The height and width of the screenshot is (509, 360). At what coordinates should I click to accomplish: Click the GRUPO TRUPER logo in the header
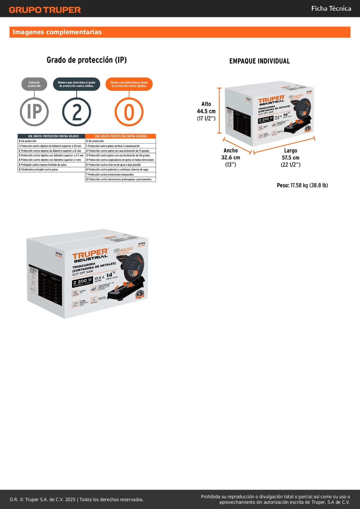coord(45,10)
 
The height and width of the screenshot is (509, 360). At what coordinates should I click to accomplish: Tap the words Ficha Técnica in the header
coord(331,8)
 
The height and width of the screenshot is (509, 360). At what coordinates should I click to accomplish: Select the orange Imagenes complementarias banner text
coord(57,32)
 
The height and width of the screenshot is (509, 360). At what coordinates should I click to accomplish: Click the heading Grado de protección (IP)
coord(86,60)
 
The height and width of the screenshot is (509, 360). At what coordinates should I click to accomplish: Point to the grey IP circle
coord(34,112)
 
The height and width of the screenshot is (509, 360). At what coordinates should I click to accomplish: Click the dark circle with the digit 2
coord(77,112)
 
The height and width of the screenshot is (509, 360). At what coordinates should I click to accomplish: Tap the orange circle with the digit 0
coord(129,112)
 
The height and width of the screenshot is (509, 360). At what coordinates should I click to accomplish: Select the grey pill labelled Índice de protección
coord(34,84)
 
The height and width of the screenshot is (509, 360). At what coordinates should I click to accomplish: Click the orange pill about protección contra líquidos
coord(129,84)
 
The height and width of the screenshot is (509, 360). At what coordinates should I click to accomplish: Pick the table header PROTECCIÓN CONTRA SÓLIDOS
coord(52,136)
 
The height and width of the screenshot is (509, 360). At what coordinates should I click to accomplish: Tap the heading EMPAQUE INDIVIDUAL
coord(259,61)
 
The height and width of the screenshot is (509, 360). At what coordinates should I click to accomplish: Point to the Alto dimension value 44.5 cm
coord(206,111)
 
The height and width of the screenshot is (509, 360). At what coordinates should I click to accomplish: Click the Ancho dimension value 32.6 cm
coord(231,158)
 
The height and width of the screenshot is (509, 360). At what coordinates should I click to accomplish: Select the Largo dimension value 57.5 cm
coord(290,158)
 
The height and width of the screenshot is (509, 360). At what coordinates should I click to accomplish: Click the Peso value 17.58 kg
coord(302,185)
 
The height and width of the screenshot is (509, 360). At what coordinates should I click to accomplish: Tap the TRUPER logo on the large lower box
coord(90,255)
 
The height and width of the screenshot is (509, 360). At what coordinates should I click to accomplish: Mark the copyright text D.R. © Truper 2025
coord(77,499)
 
